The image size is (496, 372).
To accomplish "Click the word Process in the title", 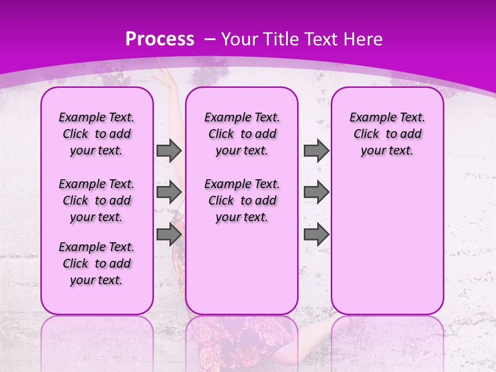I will pyautogui.click(x=160, y=39).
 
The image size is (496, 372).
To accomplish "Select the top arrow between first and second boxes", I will pyautogui.click(x=169, y=151).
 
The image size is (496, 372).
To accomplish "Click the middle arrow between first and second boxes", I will pyautogui.click(x=169, y=192).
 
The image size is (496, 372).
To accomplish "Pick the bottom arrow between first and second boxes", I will pyautogui.click(x=169, y=235).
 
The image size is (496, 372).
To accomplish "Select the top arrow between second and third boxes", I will pyautogui.click(x=316, y=151).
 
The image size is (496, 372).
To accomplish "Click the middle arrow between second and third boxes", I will pyautogui.click(x=316, y=192).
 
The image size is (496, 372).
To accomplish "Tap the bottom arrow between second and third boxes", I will pyautogui.click(x=316, y=235).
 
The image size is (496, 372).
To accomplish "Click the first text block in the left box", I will pyautogui.click(x=97, y=134).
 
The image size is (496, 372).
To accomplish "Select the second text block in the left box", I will pyautogui.click(x=97, y=200).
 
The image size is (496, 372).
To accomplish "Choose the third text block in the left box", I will pyautogui.click(x=97, y=263).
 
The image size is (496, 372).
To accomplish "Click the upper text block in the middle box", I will pyautogui.click(x=242, y=134).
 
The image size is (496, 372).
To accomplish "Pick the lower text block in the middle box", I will pyautogui.click(x=242, y=200).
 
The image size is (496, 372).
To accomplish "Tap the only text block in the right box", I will pyautogui.click(x=388, y=134).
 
